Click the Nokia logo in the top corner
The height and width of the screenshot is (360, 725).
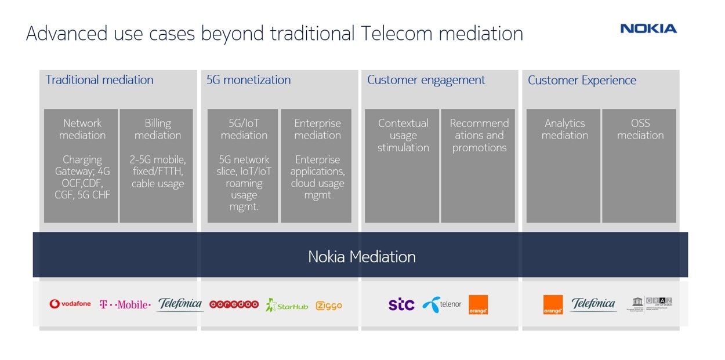click(x=648, y=28)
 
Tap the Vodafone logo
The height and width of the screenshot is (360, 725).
click(x=70, y=304)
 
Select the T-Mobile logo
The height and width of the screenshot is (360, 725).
click(x=125, y=304)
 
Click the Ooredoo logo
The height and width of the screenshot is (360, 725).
click(x=234, y=304)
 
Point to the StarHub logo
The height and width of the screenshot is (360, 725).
click(x=287, y=305)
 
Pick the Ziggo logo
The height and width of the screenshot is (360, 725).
click(x=329, y=306)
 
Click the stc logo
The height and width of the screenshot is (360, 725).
click(x=401, y=304)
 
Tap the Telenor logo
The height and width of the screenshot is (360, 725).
click(x=441, y=304)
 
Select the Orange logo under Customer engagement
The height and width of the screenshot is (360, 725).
click(x=478, y=305)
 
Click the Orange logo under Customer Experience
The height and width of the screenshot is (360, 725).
click(x=553, y=305)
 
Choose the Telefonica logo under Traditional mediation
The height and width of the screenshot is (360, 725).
click(x=180, y=304)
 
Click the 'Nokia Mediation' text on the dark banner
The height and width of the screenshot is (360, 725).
click(x=361, y=256)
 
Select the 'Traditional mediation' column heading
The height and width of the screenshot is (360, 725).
click(x=99, y=80)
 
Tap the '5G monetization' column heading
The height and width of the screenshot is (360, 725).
click(x=248, y=80)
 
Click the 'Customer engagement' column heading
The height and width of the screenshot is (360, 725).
click(x=426, y=80)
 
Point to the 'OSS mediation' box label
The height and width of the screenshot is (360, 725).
click(x=640, y=129)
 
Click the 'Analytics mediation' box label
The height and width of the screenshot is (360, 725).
click(x=564, y=129)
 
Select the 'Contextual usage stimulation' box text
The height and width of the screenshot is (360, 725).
click(x=403, y=135)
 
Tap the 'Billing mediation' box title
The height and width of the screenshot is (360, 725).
click(x=158, y=129)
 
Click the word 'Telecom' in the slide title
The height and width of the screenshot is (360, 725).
click(x=397, y=34)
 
